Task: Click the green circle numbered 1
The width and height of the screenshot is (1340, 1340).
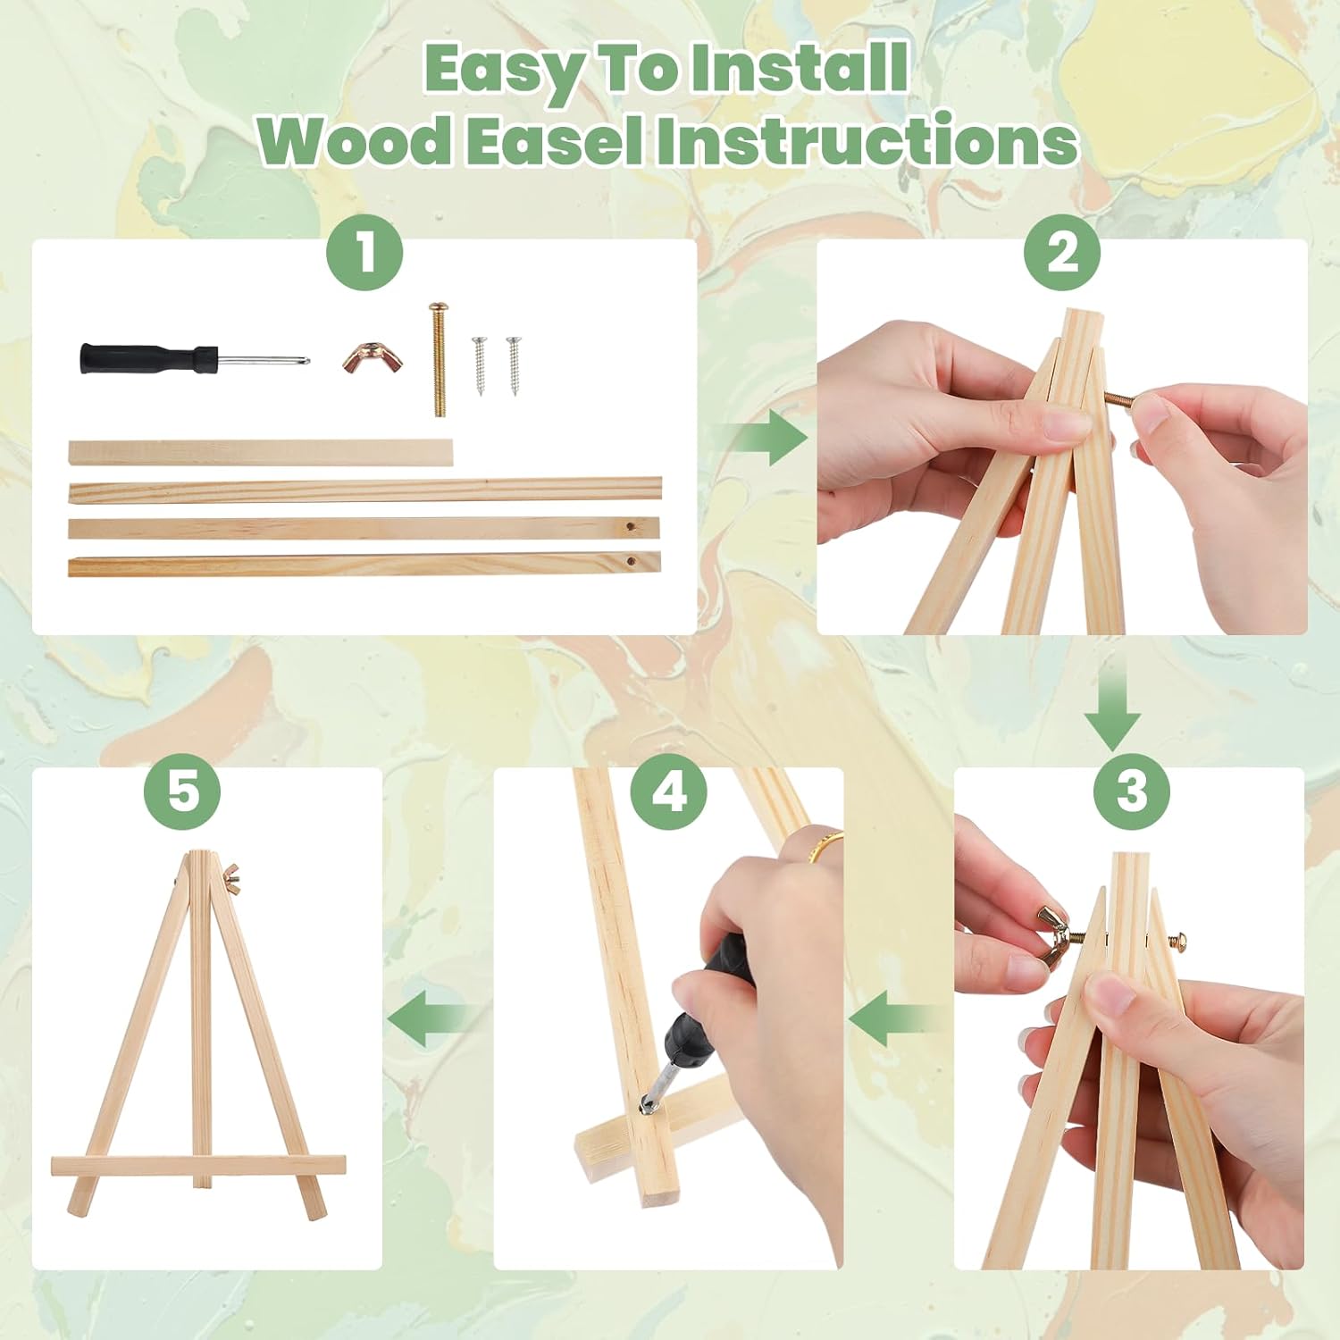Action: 365,253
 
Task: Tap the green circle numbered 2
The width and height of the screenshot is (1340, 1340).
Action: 1062,253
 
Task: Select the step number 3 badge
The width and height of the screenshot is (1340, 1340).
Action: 1132,790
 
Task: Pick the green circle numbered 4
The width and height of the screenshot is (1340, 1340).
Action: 669,790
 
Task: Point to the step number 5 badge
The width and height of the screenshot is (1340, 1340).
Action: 183,790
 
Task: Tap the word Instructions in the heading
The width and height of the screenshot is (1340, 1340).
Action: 867,141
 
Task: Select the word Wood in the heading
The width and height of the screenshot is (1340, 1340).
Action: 356,141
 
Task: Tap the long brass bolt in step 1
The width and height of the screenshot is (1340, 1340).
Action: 438,358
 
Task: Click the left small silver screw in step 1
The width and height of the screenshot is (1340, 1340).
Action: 481,365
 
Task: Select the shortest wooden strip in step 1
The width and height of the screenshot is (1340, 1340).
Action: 261,452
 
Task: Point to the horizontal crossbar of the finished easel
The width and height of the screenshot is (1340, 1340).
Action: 198,1165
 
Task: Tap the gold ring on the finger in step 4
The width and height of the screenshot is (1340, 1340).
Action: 825,845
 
